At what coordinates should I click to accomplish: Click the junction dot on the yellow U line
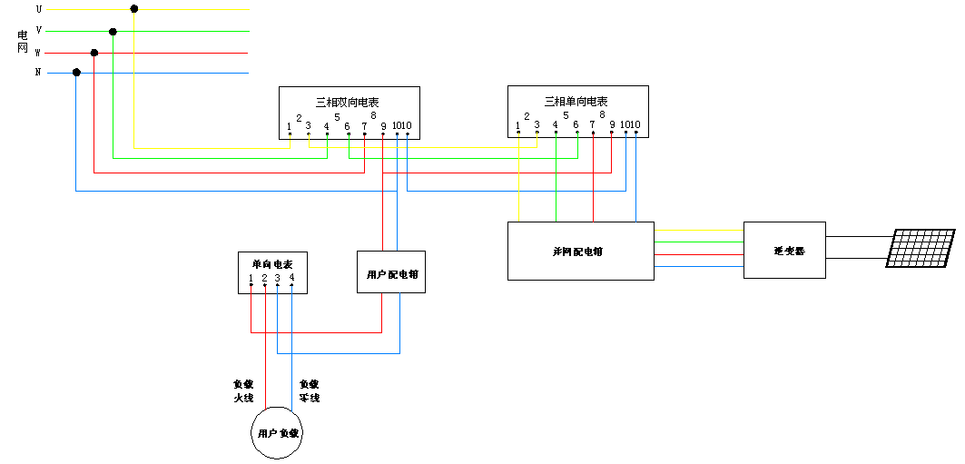coord(134,9)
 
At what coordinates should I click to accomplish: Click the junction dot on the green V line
coord(113,32)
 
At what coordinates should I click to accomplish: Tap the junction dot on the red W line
coord(94,53)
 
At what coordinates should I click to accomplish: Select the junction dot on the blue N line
coord(76,73)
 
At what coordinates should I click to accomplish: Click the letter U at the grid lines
coord(38,9)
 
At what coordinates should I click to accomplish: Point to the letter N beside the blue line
coord(38,73)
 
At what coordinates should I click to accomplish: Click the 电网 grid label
coord(24,41)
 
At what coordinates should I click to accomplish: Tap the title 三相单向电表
coord(576,102)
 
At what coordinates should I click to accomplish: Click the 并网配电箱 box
coord(580,251)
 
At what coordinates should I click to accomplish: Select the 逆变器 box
coord(784,250)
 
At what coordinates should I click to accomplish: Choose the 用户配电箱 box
coord(391,272)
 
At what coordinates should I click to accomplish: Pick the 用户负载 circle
coord(277,434)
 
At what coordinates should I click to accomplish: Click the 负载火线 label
coord(243,390)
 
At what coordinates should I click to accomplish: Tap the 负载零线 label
coord(310,390)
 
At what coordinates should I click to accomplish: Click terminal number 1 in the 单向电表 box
coord(251,278)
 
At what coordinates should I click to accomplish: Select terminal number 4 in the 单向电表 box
coord(291,278)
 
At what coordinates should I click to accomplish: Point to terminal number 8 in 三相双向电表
coord(373,115)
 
